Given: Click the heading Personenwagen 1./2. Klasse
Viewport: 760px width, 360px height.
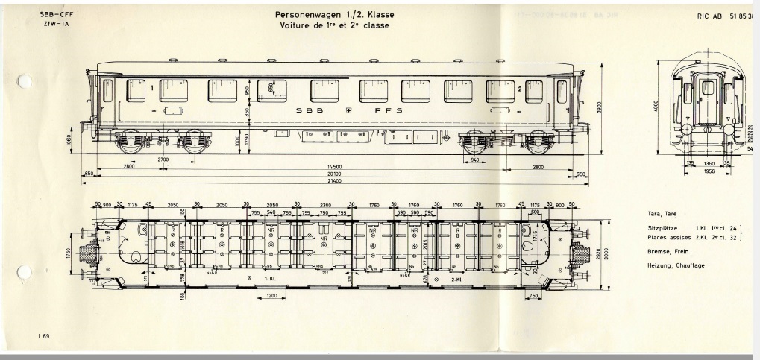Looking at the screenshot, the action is (x=334, y=14).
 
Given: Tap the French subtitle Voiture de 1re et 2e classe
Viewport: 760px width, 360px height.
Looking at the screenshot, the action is (x=334, y=25).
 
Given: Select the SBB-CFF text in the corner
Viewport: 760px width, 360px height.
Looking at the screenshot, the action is (x=51, y=15).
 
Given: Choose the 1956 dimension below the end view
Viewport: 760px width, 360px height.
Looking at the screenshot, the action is (x=704, y=171).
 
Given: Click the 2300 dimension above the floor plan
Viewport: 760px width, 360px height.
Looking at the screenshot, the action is (x=325, y=204).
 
